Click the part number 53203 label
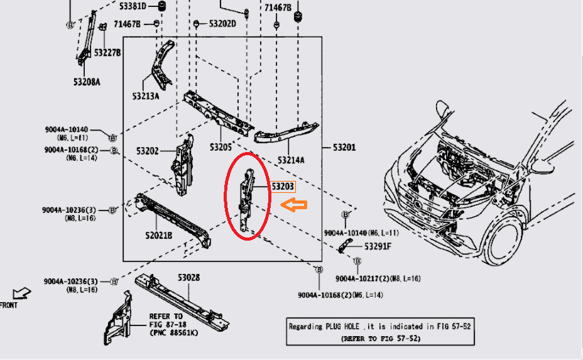(x=282, y=186)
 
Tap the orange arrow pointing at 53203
(x=293, y=204)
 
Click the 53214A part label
(x=290, y=160)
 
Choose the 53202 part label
(x=148, y=151)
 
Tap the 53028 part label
(x=188, y=277)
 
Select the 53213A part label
(x=146, y=96)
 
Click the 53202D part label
(x=222, y=23)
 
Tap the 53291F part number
(x=378, y=246)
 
